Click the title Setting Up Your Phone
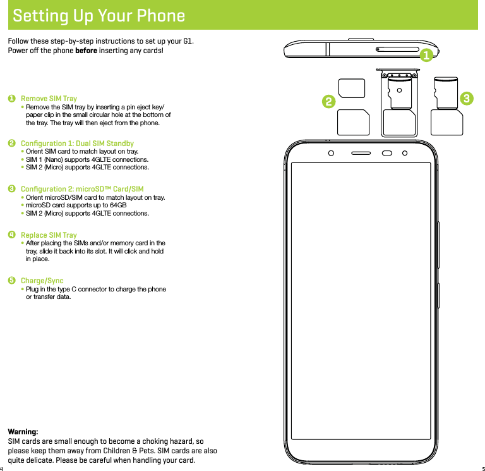pos(99,16)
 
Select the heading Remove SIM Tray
pos(49,99)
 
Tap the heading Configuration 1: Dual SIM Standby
pos(77,144)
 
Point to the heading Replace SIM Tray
pos(49,235)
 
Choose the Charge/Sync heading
pos(42,280)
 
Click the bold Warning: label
pos(22,431)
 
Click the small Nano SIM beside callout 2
pos(352,89)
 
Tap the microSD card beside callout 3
pos(447,90)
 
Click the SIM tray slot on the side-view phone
pos(397,48)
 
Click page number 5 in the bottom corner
pos(482,468)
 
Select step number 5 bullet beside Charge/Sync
pos(11,280)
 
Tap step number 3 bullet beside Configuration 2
pos(11,189)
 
